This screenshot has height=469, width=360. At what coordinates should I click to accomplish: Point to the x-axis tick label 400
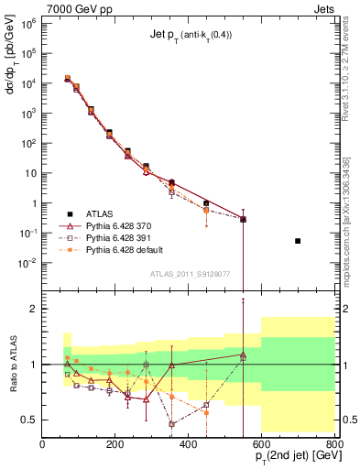[x=189, y=446]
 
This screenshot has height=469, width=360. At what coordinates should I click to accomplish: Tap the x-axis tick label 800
[x=333, y=446]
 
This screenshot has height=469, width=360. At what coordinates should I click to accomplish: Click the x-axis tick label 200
[x=115, y=446]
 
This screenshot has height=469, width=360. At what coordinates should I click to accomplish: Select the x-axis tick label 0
[x=42, y=446]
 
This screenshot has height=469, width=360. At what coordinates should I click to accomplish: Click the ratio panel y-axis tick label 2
[x=32, y=309]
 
